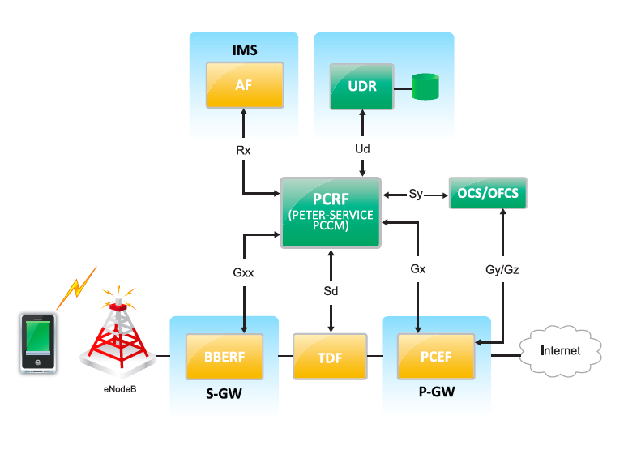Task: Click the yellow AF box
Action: click(243, 85)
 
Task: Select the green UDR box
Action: click(361, 85)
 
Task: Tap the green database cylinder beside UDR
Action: click(425, 86)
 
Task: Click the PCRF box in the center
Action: click(331, 212)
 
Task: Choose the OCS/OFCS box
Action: click(488, 194)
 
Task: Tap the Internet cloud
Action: click(561, 351)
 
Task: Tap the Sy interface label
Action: click(416, 195)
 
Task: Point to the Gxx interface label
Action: click(244, 272)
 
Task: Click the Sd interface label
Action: click(331, 289)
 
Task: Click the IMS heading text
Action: click(244, 50)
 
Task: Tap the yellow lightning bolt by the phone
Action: click(75, 285)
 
